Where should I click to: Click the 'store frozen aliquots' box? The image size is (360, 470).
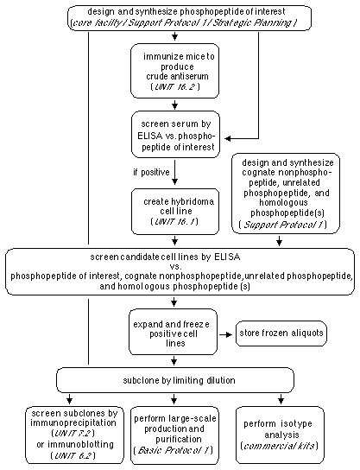click(x=281, y=333)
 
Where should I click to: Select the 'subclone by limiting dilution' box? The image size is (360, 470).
click(x=175, y=380)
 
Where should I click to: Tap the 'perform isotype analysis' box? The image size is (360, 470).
click(x=280, y=435)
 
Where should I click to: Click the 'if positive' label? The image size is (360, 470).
click(x=151, y=172)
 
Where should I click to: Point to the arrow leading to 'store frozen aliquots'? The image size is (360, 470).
click(x=226, y=334)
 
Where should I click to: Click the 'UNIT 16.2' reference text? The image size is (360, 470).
click(x=175, y=87)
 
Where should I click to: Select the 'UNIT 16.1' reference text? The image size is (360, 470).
click(x=175, y=222)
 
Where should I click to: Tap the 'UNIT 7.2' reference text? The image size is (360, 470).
click(x=73, y=433)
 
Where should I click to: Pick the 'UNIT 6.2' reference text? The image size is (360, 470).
click(x=73, y=455)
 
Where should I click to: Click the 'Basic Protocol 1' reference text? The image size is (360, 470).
click(x=174, y=450)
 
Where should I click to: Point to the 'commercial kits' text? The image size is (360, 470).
click(x=280, y=446)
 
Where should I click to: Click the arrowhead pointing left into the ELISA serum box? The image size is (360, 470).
click(x=228, y=139)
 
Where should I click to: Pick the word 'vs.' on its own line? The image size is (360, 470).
click(x=175, y=267)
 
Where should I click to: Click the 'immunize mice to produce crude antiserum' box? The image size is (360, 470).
click(x=175, y=71)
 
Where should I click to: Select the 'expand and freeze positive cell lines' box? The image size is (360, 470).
click(x=174, y=332)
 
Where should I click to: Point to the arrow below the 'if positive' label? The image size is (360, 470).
click(x=175, y=172)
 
